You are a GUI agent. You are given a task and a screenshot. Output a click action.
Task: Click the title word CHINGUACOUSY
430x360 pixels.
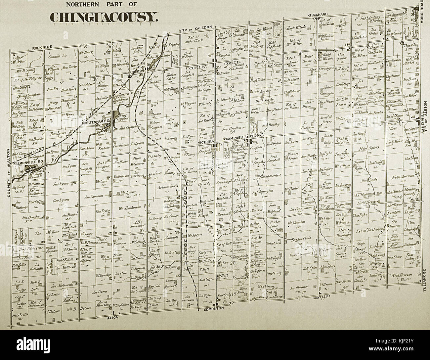click(104, 17)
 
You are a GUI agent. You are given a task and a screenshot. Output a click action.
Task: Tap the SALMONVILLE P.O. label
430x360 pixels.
click(27, 163)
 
